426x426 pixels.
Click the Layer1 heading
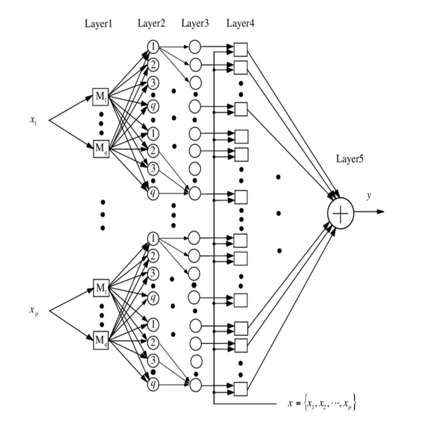coord(98,24)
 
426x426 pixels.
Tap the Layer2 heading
coord(151,23)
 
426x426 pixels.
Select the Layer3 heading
coord(195,23)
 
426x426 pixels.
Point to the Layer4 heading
coord(240,23)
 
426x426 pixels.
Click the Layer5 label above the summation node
coord(349,159)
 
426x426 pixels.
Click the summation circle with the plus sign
coord(340,212)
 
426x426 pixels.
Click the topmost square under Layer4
coord(241,49)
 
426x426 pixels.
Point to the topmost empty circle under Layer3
coord(195,46)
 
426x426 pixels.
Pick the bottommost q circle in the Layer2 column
coord(153,385)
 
